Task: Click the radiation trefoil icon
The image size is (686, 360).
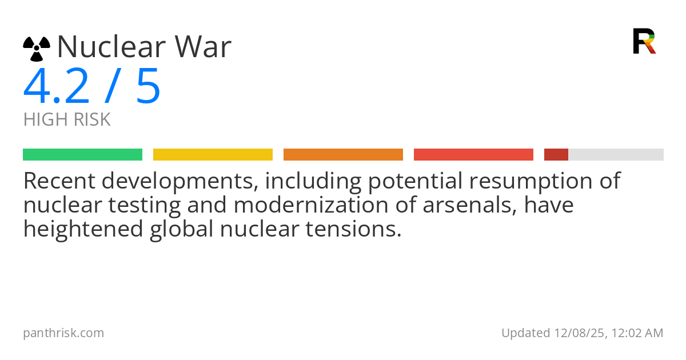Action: (37, 49)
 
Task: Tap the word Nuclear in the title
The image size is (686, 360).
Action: (111, 46)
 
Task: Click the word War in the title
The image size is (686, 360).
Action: (203, 46)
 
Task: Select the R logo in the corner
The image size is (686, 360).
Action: (644, 41)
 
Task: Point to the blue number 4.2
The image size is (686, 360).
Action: (57, 86)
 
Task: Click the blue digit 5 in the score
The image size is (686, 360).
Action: (149, 86)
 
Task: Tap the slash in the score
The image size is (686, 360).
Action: (113, 86)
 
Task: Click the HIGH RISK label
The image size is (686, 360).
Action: (67, 119)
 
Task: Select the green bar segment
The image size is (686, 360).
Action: (83, 155)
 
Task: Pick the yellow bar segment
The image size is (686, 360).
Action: (213, 155)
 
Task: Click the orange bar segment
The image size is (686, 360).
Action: (344, 155)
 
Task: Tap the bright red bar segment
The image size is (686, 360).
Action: (473, 155)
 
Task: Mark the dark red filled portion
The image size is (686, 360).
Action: (556, 155)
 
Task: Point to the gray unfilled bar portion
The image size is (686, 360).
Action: (616, 155)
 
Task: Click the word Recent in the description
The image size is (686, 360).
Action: (59, 181)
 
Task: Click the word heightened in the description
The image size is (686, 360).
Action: (83, 229)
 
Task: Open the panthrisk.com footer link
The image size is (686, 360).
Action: (63, 333)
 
